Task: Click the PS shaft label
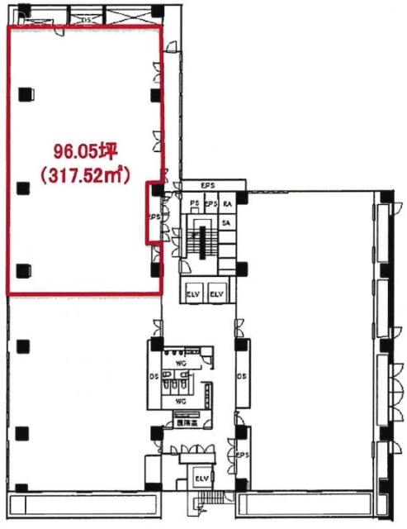click(x=196, y=203)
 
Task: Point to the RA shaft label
click(x=226, y=203)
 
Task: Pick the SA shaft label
click(x=226, y=223)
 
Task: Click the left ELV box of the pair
click(x=195, y=293)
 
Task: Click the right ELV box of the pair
click(x=217, y=293)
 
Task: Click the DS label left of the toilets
click(x=154, y=378)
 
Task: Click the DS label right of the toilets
click(x=240, y=377)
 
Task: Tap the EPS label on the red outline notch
click(x=154, y=217)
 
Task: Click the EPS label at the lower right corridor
click(x=242, y=455)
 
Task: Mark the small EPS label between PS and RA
click(x=211, y=203)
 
